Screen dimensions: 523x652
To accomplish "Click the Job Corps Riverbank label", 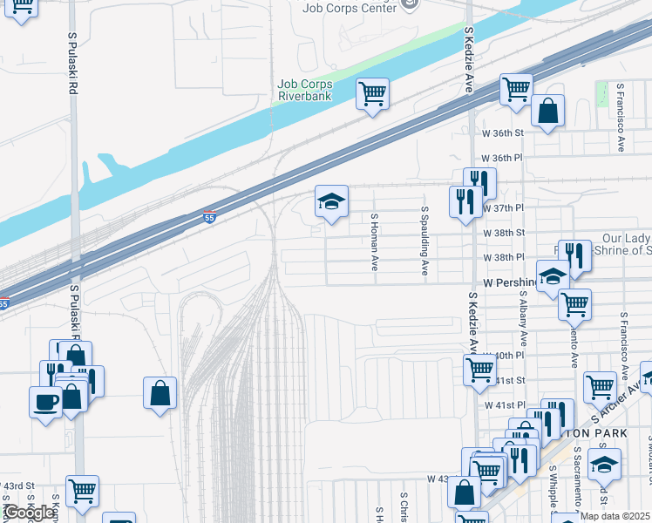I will [304, 90].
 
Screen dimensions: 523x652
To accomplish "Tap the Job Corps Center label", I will [348, 9].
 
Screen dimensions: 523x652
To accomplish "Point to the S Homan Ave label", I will [374, 242].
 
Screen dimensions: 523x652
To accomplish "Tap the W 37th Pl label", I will [503, 208].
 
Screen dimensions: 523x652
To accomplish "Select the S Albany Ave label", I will [523, 326].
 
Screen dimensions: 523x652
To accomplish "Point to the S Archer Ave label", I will [617, 400].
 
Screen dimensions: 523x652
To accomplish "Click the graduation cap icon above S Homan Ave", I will [331, 201].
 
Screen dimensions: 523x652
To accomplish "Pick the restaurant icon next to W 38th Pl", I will [574, 255].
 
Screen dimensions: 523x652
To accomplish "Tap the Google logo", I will [29, 513].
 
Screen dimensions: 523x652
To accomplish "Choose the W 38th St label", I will [503, 233].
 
